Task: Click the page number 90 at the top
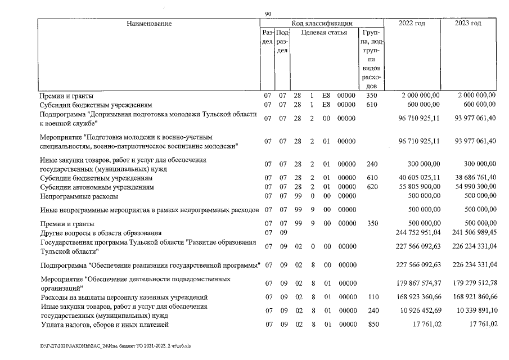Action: (x=268, y=13)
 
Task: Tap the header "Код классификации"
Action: (x=322, y=24)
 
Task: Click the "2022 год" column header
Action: (x=412, y=24)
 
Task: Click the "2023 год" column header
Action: (x=468, y=24)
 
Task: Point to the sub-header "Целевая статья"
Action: (x=324, y=33)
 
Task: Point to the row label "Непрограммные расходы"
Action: (x=79, y=197)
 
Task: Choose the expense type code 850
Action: (x=370, y=325)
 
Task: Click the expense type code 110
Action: (x=370, y=296)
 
